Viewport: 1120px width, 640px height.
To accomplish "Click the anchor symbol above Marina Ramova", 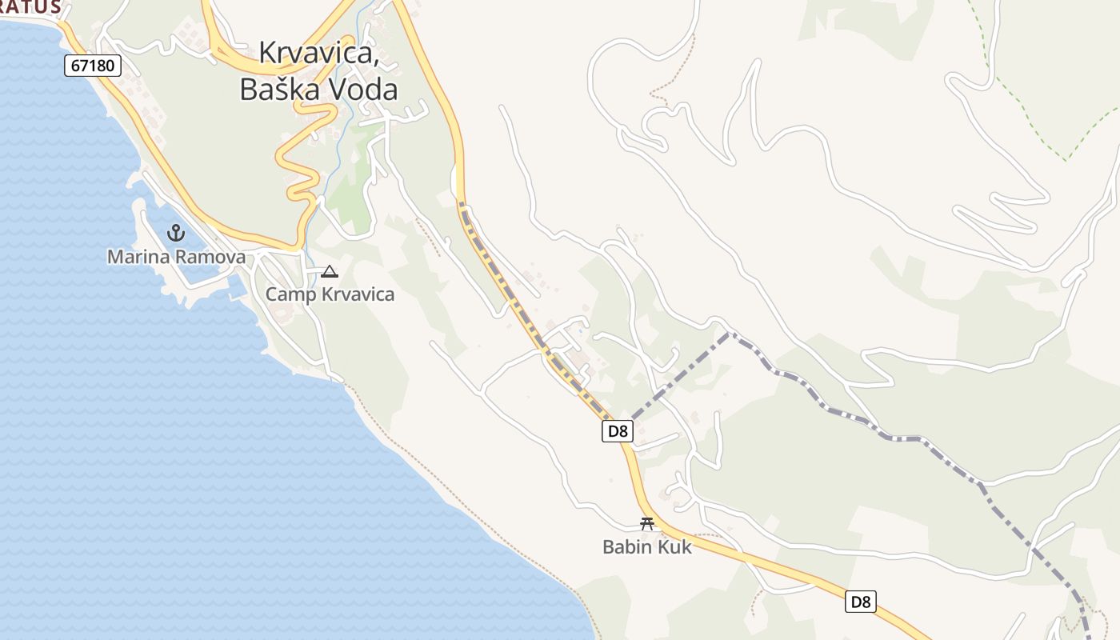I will [x=175, y=233].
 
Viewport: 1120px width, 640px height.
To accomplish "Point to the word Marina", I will [x=137, y=257].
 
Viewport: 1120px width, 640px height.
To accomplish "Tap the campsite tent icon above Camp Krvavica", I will [x=329, y=271].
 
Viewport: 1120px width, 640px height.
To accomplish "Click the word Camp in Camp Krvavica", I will [x=290, y=294].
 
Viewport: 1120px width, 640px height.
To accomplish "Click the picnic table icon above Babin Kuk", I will [x=647, y=524].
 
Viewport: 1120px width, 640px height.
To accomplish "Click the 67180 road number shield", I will [x=93, y=66].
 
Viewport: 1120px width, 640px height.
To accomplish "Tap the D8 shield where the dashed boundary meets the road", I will [x=617, y=431].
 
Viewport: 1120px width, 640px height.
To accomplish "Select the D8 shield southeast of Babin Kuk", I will [x=861, y=602].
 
